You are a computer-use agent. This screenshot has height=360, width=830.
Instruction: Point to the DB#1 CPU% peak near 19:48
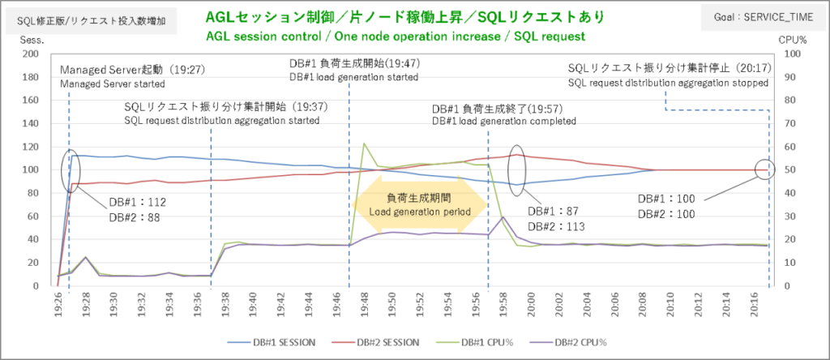[364, 144]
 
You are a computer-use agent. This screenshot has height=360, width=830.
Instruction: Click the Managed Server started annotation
[112, 84]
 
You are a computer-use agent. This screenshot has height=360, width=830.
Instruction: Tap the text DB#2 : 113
[556, 227]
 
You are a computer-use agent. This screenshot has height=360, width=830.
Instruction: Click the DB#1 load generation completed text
[503, 121]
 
